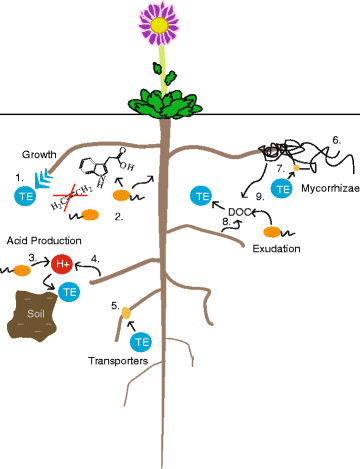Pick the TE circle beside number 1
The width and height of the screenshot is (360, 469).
click(x=24, y=197)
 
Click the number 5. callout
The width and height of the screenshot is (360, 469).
click(x=117, y=305)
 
